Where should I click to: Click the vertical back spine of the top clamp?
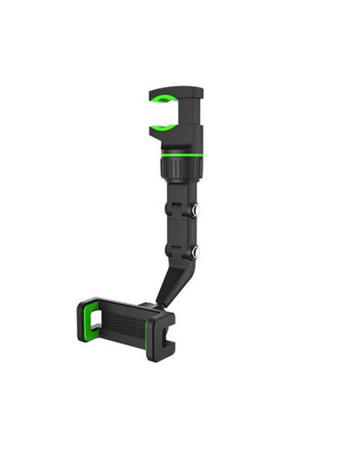click(x=194, y=117)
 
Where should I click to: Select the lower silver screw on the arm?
click(x=195, y=252)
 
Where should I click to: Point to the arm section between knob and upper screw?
click(x=180, y=195)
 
